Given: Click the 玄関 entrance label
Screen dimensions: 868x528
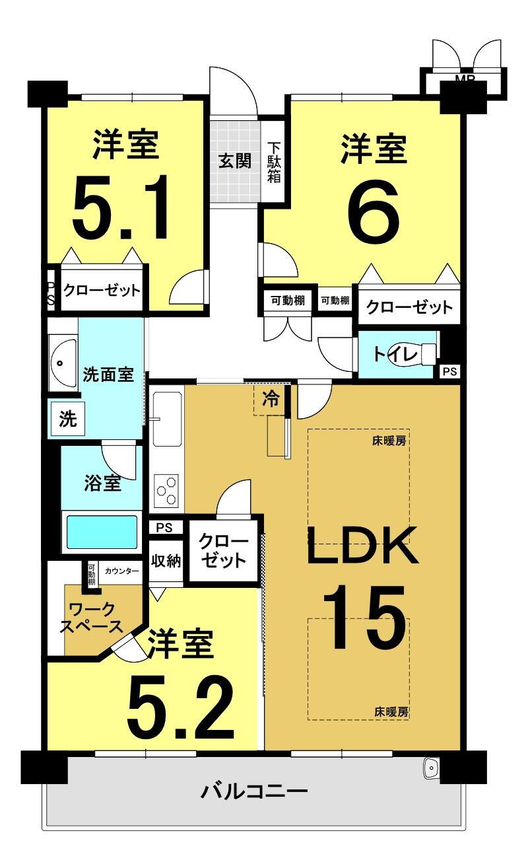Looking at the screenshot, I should click(x=234, y=161).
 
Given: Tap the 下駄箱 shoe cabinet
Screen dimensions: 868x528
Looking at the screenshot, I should click(x=274, y=163).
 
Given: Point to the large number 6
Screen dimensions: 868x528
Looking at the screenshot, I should click(x=373, y=211).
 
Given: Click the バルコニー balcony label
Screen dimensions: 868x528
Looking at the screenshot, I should click(x=255, y=790).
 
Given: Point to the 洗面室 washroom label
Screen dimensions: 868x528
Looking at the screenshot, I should click(x=108, y=375).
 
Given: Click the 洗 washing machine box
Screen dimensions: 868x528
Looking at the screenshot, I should click(x=68, y=420).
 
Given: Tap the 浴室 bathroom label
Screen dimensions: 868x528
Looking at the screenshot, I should click(x=102, y=483).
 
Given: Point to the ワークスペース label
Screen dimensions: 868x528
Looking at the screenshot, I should click(x=92, y=618).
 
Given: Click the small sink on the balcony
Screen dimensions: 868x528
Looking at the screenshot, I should click(x=431, y=768).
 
